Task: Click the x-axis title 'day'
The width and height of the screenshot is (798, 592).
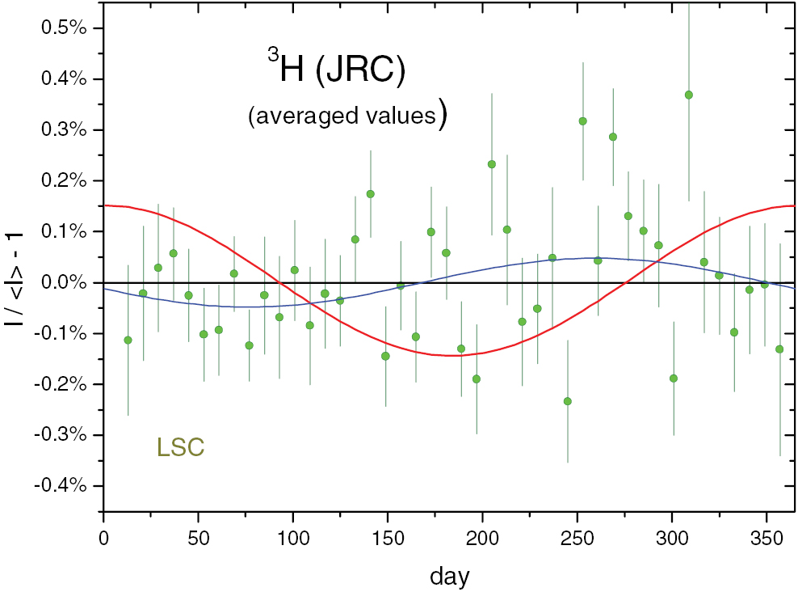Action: point(450,576)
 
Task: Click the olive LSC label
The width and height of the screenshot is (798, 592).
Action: point(181,447)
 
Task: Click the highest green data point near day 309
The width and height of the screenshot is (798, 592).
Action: point(689,95)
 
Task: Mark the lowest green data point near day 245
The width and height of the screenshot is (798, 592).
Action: point(568,401)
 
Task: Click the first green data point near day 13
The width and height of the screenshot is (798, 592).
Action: point(128,340)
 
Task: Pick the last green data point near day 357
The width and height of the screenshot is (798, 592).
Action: point(779,349)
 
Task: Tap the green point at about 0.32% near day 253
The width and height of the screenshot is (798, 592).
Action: point(582,121)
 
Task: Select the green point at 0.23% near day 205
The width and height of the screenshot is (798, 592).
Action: point(491,164)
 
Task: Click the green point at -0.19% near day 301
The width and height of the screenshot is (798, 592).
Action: point(674,378)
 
